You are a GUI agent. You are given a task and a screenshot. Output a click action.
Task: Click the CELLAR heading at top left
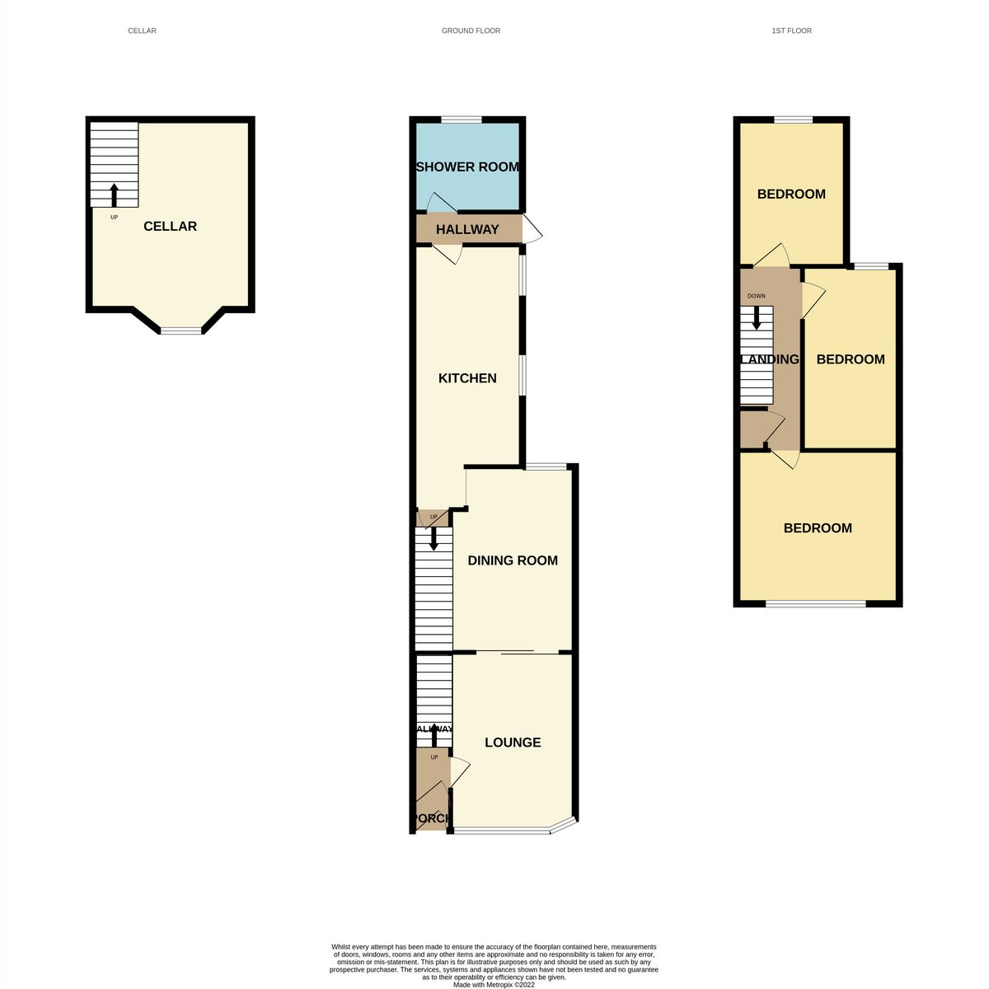(142, 30)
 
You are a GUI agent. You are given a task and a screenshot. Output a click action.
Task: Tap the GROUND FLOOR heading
(471, 30)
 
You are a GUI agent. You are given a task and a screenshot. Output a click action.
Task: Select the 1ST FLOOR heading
(791, 30)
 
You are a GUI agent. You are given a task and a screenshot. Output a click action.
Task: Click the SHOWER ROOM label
(467, 166)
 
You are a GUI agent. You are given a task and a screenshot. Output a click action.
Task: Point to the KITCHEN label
(467, 378)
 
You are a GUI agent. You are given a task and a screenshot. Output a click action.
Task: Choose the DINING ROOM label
(513, 560)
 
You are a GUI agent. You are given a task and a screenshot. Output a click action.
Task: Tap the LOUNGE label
(513, 743)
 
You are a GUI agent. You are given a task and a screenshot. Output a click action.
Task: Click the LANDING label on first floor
(771, 359)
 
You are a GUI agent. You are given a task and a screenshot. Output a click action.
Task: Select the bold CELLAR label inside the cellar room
(170, 227)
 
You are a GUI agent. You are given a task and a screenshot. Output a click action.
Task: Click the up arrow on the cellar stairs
(114, 195)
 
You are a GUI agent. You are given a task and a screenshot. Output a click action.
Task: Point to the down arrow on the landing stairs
(756, 318)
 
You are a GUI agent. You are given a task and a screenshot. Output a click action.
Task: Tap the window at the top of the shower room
(462, 120)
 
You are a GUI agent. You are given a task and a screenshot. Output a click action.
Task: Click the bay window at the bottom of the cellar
(180, 330)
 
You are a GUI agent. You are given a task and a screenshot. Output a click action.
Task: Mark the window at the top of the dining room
(546, 467)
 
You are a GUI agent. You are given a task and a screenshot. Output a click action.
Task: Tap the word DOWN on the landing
(756, 296)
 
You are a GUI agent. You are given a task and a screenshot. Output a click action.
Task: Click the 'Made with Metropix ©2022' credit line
(494, 984)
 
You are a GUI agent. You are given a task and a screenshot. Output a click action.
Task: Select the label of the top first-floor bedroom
(791, 195)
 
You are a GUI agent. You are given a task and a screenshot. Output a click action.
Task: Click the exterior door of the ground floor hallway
(533, 229)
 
